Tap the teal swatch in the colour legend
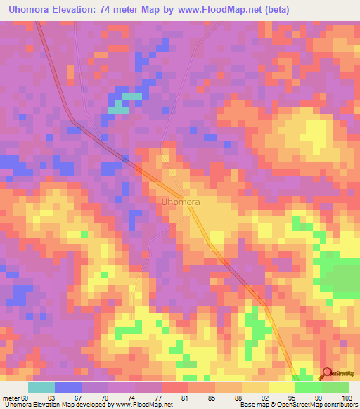(x=41, y=387)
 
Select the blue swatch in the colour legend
(x=68, y=387)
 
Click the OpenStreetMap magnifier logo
(x=328, y=374)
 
